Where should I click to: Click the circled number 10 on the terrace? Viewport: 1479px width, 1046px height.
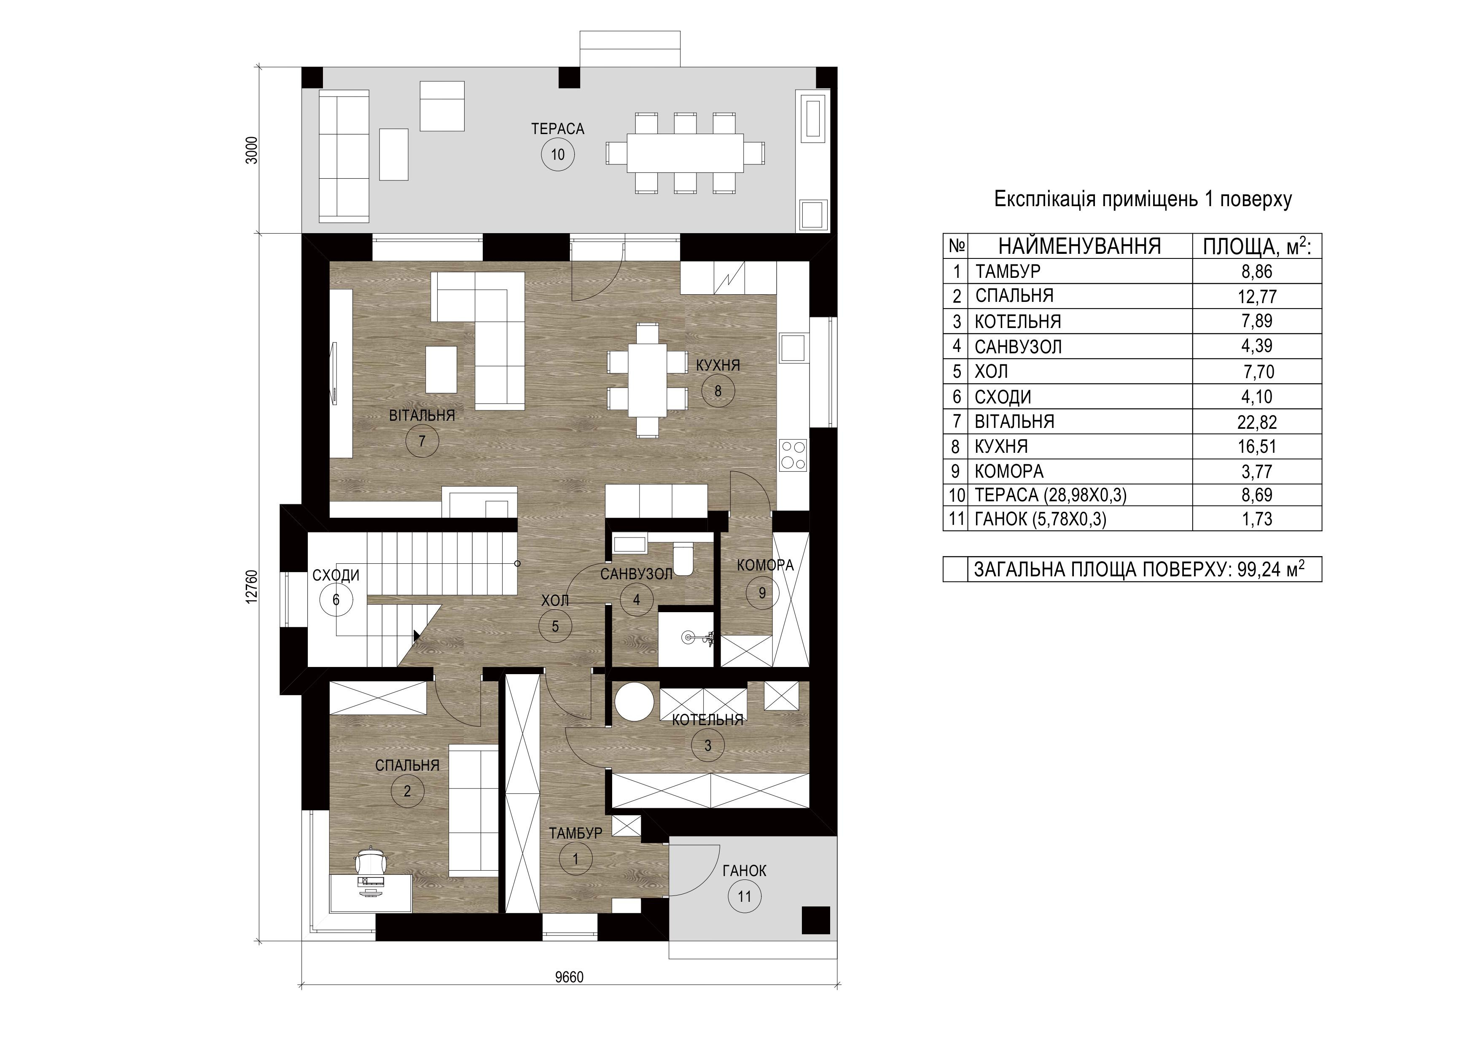558,155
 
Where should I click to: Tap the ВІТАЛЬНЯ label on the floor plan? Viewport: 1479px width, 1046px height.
422,415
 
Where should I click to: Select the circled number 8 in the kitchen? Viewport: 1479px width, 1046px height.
718,390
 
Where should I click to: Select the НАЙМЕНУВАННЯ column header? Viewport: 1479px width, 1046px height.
1080,246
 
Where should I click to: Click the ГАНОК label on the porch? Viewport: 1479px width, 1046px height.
744,871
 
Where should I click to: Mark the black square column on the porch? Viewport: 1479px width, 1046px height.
815,920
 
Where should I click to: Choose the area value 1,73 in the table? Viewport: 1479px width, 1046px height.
1257,519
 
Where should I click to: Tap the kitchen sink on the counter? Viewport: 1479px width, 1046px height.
793,348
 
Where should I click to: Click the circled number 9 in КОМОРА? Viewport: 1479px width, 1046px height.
762,592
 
